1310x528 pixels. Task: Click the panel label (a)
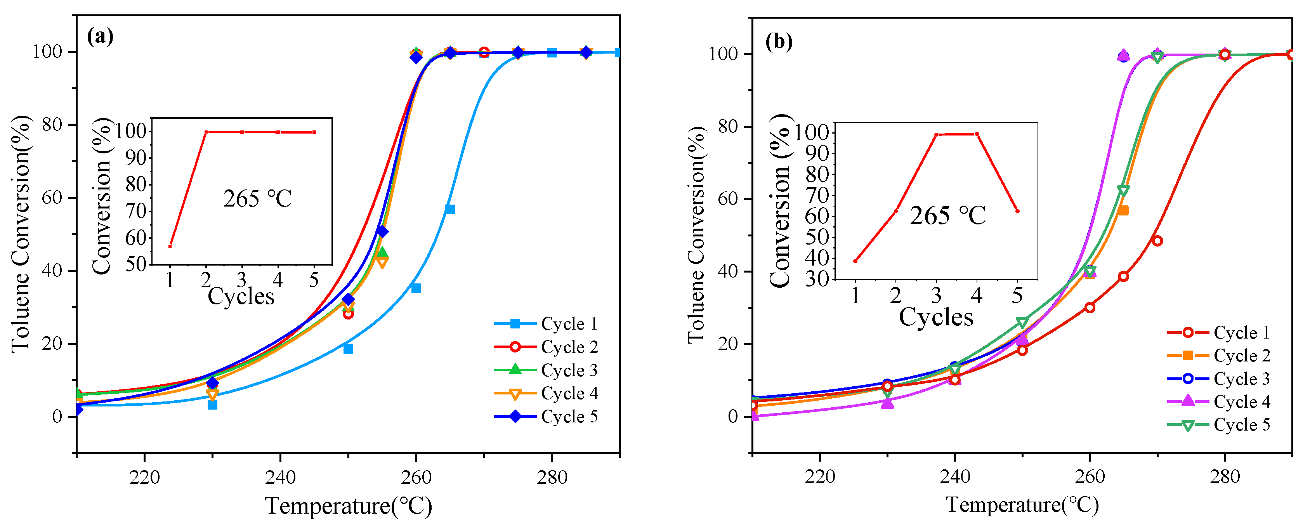pos(100,36)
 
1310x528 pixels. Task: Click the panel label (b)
pos(779,42)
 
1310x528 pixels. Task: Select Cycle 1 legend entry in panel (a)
pos(546,323)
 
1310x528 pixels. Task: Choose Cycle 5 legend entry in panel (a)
pos(546,417)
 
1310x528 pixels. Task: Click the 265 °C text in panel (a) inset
pos(257,199)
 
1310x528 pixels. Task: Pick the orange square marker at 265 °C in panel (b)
pos(1123,210)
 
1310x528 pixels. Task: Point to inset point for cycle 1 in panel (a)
pos(170,246)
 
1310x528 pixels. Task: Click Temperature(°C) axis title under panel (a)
pos(348,506)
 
